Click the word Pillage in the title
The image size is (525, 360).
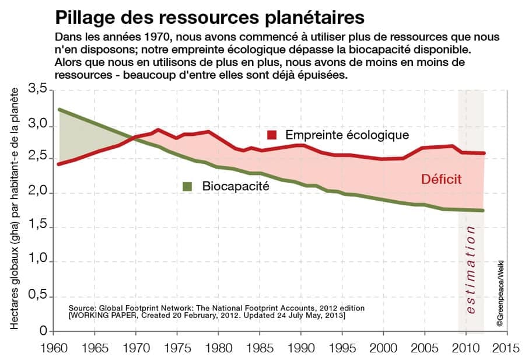[x=85, y=16]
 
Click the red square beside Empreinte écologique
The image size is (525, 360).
[x=272, y=135]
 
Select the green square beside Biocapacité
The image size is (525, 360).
[x=187, y=186]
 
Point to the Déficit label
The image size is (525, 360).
[x=442, y=180]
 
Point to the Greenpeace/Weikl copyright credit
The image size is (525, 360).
[x=501, y=286]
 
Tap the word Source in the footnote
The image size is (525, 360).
[x=82, y=307]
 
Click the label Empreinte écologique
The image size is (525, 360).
[x=346, y=135]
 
